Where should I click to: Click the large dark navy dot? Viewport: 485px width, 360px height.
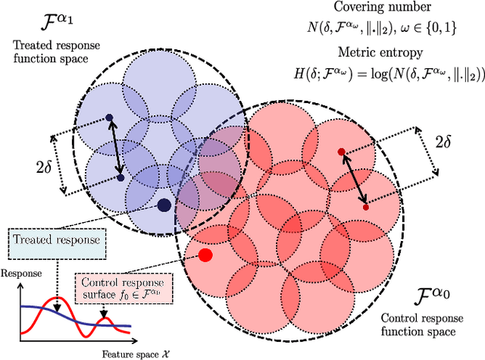(x=164, y=205)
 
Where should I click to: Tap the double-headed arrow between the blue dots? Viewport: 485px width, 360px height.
(x=115, y=148)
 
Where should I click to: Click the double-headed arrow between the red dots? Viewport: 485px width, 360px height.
(x=354, y=180)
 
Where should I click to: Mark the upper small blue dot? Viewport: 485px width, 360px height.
(x=109, y=117)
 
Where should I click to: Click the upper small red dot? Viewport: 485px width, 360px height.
(x=341, y=152)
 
